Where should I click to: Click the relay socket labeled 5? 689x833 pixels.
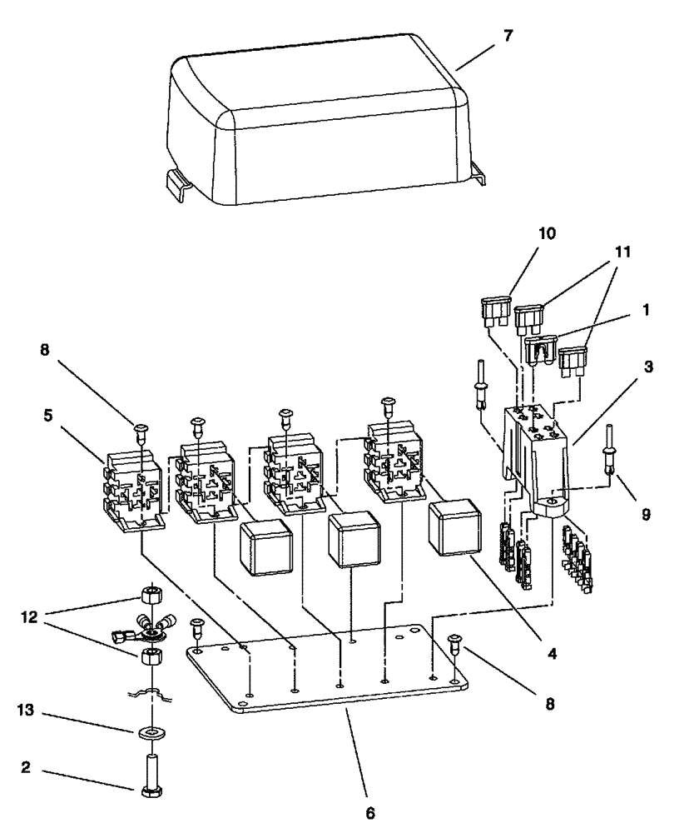[x=133, y=491]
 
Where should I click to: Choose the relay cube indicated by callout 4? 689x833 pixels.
[x=450, y=527]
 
